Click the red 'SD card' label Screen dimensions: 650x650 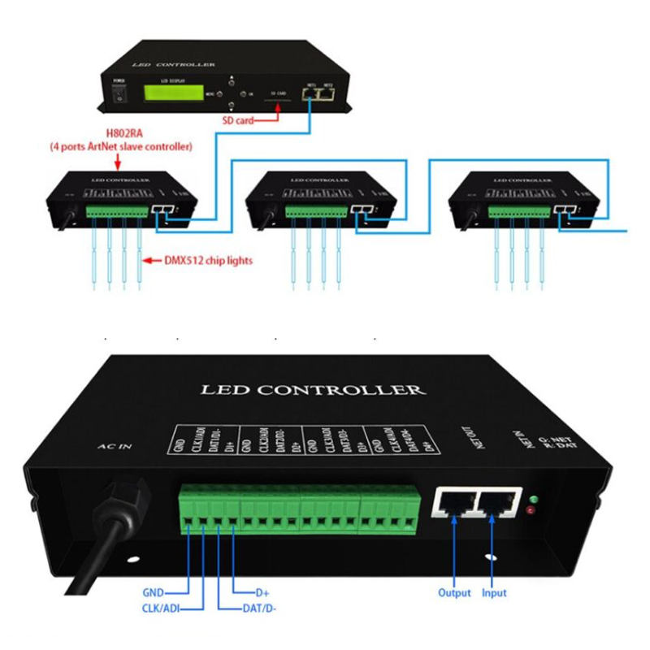tap(238, 120)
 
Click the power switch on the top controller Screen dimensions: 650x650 tap(120, 94)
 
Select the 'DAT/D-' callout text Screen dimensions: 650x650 tap(262, 607)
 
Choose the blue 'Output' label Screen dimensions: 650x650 tap(454, 592)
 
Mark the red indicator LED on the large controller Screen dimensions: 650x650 tap(531, 512)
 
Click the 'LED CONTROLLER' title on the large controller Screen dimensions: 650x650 tap(313, 389)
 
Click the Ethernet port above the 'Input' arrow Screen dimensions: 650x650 tap(497, 505)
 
